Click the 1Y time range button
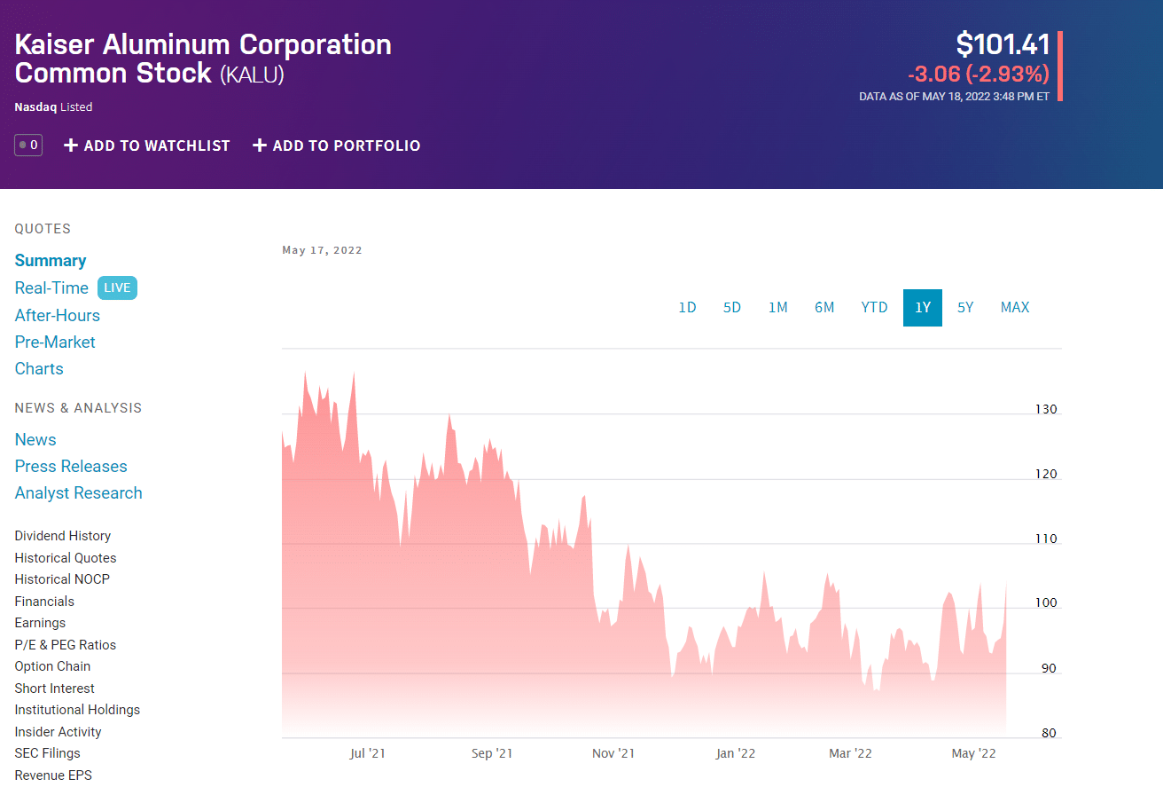tap(923, 308)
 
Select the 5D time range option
tap(731, 308)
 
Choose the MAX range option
tap(1015, 308)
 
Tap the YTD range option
tap(874, 308)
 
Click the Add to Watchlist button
tap(147, 146)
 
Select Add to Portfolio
tap(337, 146)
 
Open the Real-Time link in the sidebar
tap(51, 288)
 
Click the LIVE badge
tap(117, 288)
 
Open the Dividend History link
tap(63, 536)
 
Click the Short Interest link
tap(55, 689)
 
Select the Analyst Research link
tap(78, 493)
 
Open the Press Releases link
tap(71, 467)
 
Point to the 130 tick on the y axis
tap(1046, 410)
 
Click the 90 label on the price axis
tap(1049, 669)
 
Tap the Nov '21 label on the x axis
tap(613, 754)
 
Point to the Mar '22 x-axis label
tap(850, 754)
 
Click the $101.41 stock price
tap(1003, 44)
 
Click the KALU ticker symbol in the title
tap(252, 75)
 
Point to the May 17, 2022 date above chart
tap(322, 250)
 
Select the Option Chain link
tap(52, 666)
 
